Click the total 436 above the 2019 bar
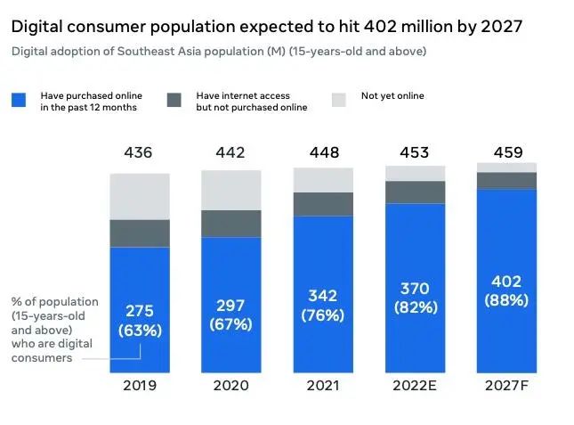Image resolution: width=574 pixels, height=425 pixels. pyautogui.click(x=140, y=153)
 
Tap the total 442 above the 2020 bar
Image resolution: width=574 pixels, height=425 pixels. pyautogui.click(x=231, y=153)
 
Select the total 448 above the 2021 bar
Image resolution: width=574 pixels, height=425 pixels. pyautogui.click(x=323, y=153)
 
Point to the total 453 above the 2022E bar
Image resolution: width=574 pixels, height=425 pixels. pyautogui.click(x=415, y=153)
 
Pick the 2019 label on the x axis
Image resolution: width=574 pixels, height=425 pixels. pyautogui.click(x=140, y=386)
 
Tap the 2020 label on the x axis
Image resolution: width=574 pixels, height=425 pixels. pyautogui.click(x=231, y=386)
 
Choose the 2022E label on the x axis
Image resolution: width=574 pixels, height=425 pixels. pyautogui.click(x=415, y=386)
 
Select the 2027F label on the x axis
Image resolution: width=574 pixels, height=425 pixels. pyautogui.click(x=506, y=386)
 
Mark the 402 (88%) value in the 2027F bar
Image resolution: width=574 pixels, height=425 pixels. pyautogui.click(x=506, y=292)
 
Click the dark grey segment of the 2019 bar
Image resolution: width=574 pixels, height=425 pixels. pyautogui.click(x=140, y=233)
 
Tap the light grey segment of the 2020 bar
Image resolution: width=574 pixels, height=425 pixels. pyautogui.click(x=231, y=190)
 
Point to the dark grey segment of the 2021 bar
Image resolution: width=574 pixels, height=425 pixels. pyautogui.click(x=323, y=204)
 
